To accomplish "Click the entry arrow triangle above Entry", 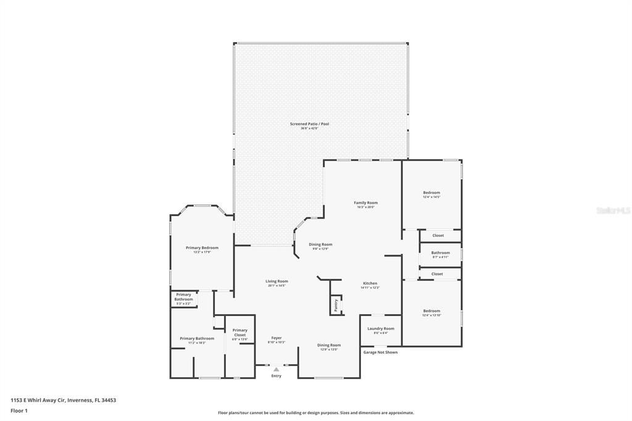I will (276, 369).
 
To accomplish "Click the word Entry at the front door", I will (276, 376).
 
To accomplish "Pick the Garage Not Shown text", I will (380, 352).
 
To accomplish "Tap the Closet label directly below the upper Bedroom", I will (438, 235).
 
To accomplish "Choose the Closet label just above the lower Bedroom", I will (437, 273).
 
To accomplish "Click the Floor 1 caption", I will (20, 411).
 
